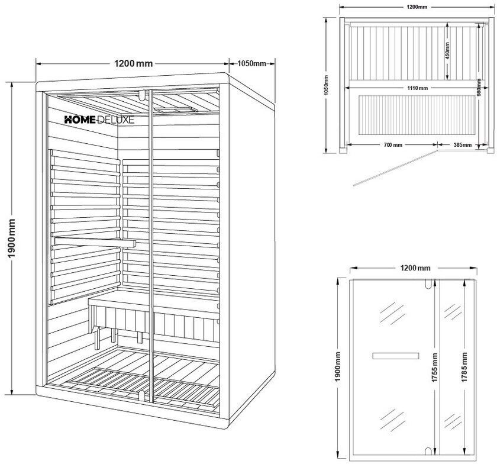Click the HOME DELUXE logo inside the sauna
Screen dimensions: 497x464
coord(99,119)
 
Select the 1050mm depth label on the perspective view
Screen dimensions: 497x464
coord(251,63)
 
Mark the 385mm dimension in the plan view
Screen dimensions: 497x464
coord(462,144)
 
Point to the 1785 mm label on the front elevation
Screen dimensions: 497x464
coord(466,367)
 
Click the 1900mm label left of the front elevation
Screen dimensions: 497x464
coord(337,367)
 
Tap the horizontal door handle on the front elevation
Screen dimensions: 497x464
coord(395,355)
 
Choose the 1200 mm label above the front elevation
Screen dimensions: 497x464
coord(416,268)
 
